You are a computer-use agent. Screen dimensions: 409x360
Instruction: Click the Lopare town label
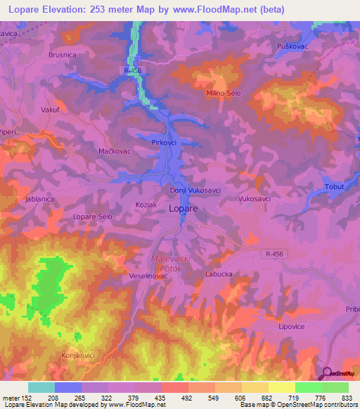click(183, 209)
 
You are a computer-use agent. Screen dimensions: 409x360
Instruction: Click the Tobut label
click(335, 186)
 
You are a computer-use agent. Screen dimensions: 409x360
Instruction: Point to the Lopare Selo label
click(93, 217)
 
